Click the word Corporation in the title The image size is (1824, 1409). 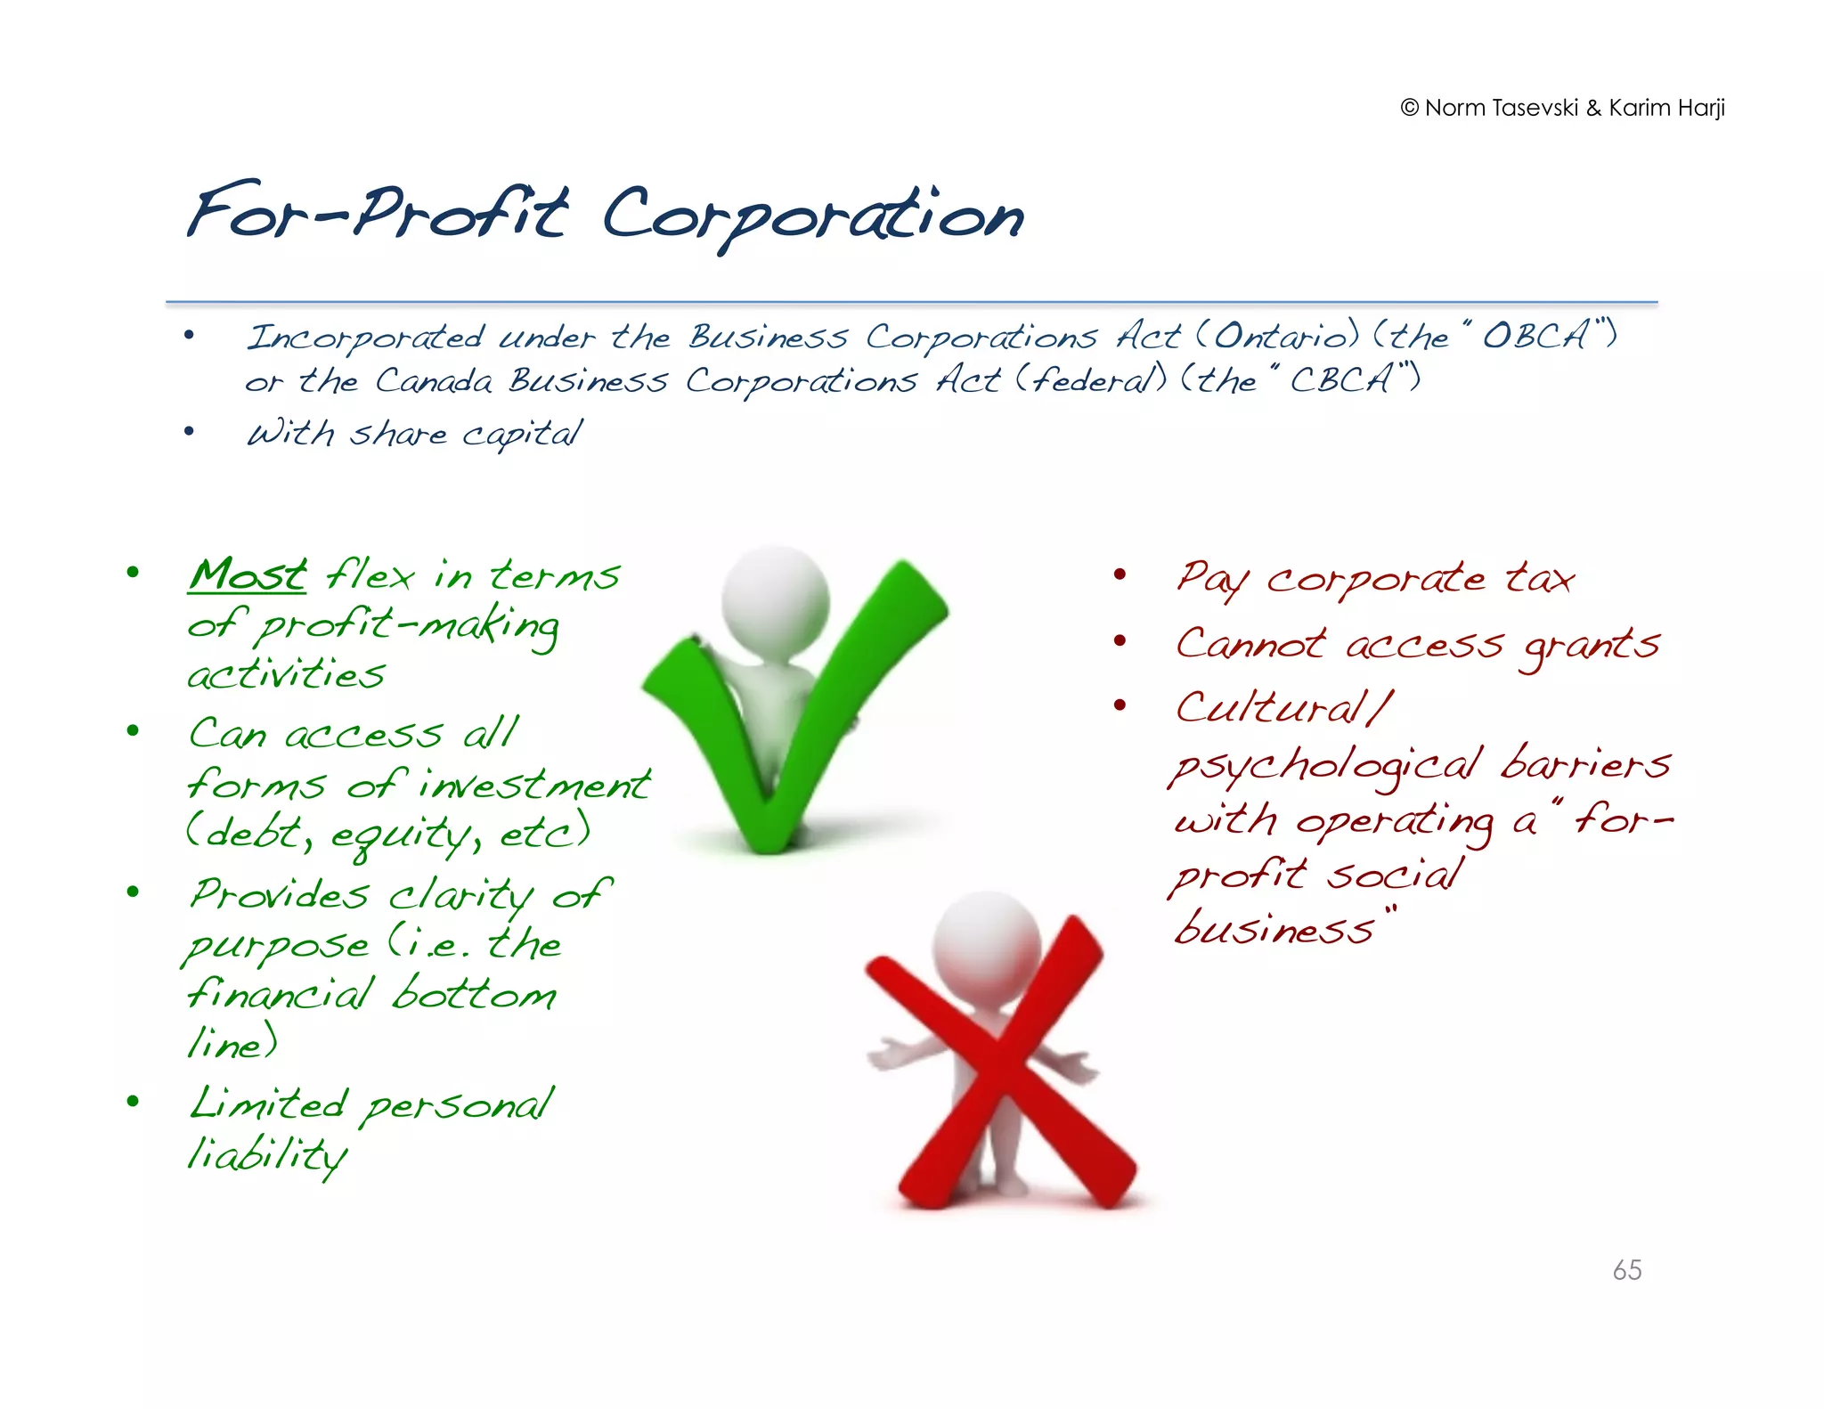[x=812, y=216]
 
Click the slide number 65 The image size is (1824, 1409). [x=1626, y=1269]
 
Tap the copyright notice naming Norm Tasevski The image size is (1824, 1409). [x=1562, y=108]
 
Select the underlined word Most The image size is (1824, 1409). [x=248, y=574]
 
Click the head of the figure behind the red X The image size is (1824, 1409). [x=986, y=941]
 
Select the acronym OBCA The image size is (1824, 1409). [x=1535, y=336]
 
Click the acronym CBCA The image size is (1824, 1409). [x=1340, y=380]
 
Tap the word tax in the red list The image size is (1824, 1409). [x=1539, y=579]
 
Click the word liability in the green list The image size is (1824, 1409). [x=266, y=1155]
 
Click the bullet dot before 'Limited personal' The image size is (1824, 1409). [x=134, y=1102]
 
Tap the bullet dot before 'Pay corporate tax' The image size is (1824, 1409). [x=1120, y=575]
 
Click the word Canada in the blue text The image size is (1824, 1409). [x=433, y=380]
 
